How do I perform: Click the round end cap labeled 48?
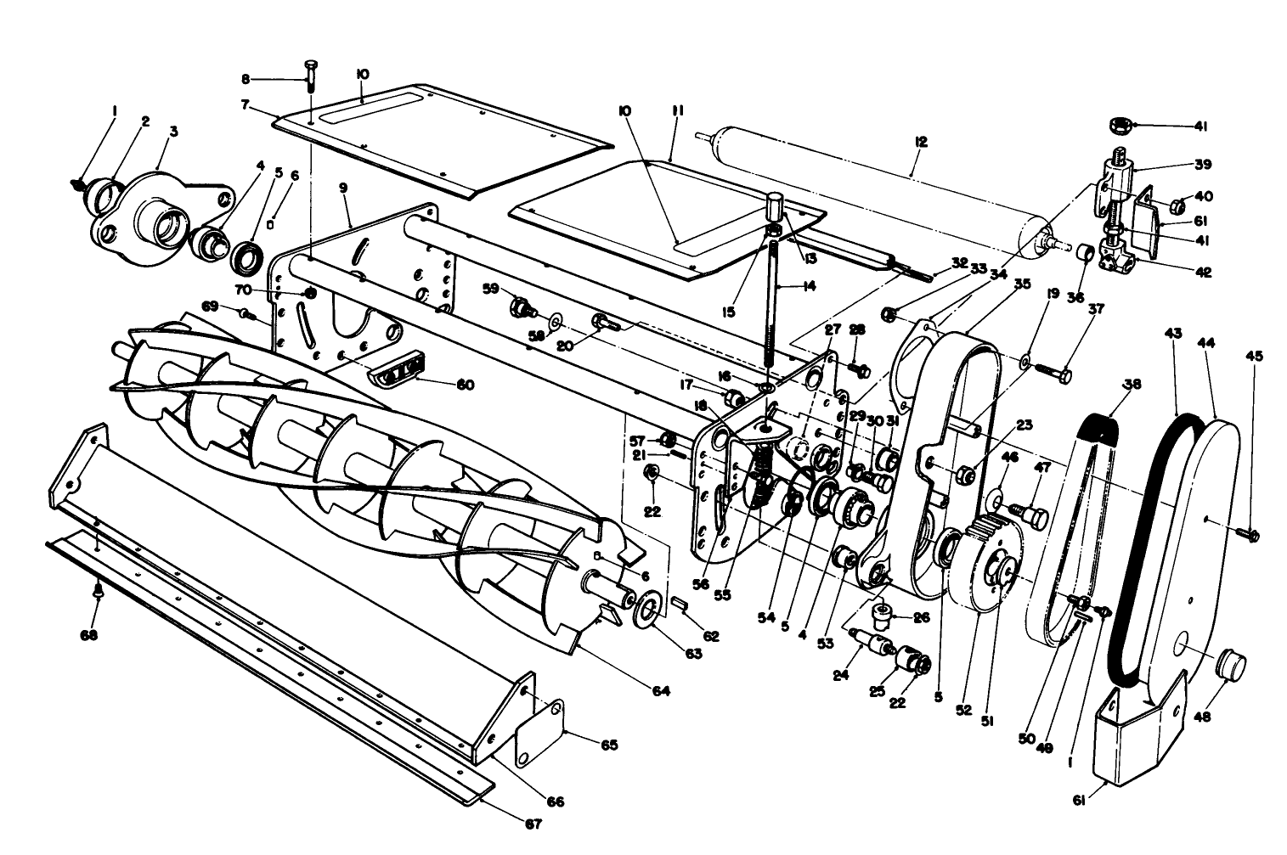(x=1231, y=661)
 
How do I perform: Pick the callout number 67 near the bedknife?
(x=533, y=823)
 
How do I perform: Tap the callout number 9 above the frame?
(x=343, y=188)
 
